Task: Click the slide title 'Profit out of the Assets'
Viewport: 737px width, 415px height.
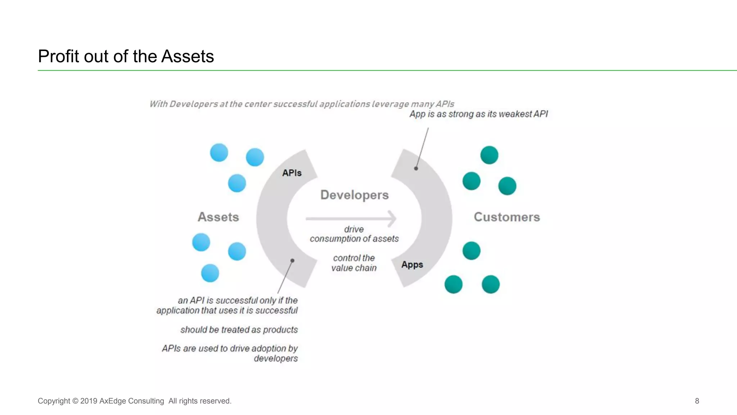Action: tap(126, 57)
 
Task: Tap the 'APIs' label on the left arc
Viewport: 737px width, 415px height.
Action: tap(292, 173)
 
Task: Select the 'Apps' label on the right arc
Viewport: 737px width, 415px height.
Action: tap(412, 265)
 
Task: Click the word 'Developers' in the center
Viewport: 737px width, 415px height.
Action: tap(354, 195)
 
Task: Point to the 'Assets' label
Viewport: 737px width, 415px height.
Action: tap(218, 217)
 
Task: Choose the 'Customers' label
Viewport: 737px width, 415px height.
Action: tap(507, 217)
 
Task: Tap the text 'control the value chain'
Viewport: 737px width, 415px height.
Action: tap(354, 263)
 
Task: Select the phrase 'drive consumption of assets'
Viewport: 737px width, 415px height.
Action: tap(354, 234)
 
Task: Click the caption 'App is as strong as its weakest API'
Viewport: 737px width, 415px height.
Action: tap(478, 114)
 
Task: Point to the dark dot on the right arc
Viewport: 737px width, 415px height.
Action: tap(416, 168)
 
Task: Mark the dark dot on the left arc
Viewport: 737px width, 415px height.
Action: tap(292, 261)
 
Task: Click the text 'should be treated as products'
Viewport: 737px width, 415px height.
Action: tap(239, 330)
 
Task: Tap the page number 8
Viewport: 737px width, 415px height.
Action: tap(697, 401)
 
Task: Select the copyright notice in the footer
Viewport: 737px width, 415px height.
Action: tap(134, 401)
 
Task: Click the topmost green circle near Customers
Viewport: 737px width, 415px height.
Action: tap(489, 155)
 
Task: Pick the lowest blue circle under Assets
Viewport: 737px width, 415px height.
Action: tap(210, 273)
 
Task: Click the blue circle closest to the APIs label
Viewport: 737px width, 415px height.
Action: tap(255, 157)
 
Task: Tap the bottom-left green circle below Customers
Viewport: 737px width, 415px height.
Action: tap(453, 284)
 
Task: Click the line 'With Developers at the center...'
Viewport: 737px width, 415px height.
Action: tap(302, 104)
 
